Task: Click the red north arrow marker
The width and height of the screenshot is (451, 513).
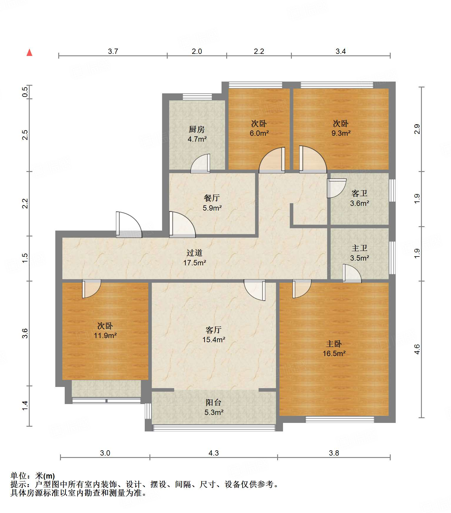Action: [29, 52]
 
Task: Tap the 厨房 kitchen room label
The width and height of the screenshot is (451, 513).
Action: [197, 129]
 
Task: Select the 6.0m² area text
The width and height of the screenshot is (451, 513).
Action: [259, 133]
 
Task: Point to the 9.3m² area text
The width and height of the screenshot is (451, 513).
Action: [341, 133]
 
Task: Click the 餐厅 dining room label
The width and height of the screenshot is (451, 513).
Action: [212, 198]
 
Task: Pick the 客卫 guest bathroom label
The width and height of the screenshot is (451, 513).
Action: [360, 193]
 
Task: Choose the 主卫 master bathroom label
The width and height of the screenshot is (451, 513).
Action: [360, 248]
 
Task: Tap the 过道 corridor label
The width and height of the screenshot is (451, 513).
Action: [194, 253]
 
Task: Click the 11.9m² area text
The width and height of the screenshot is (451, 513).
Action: [105, 335]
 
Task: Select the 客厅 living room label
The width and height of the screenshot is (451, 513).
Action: [214, 330]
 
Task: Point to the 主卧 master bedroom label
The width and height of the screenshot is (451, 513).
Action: [334, 344]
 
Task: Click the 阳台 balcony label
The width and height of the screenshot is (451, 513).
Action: [214, 403]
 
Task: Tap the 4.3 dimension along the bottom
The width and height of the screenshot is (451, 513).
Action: [214, 453]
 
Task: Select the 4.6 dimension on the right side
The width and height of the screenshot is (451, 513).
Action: [417, 349]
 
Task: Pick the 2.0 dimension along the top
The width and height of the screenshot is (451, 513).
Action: [197, 51]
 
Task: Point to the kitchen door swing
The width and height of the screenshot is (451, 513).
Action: [200, 164]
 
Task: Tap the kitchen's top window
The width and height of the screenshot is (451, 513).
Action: [197, 97]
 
